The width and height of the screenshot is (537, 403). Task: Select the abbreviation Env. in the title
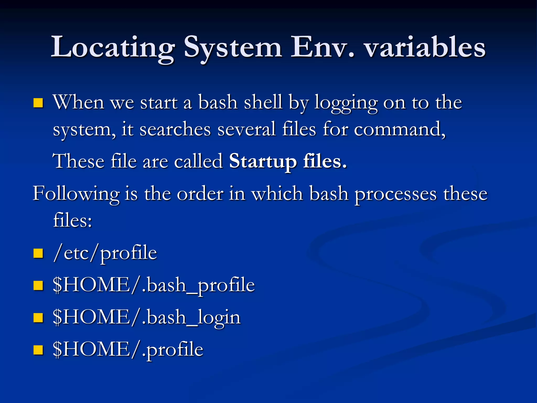323,47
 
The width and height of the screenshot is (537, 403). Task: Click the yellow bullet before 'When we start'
38,103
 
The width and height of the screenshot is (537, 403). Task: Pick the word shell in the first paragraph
263,102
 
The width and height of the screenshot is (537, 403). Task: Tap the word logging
346,103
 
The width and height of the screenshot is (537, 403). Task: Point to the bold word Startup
263,161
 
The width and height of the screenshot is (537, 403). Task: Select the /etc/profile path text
105,253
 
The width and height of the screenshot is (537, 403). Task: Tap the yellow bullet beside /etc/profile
38,253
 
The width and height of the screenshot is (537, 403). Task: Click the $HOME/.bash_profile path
154,285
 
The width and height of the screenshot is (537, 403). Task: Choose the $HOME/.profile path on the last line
128,349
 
